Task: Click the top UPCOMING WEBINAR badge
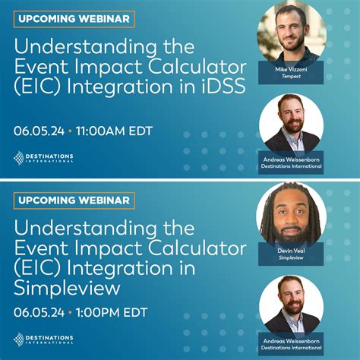[x=74, y=18]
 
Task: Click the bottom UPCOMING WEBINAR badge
[x=74, y=201]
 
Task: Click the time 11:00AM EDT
[x=115, y=131]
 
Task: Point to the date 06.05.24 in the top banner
[x=39, y=131]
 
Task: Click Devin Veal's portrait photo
[x=292, y=214]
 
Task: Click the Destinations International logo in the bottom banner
[x=43, y=339]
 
